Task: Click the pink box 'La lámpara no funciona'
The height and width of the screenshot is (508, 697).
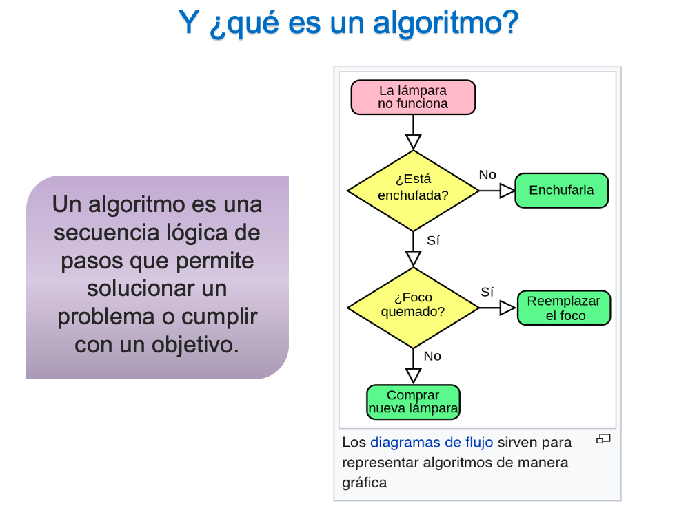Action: coord(413,97)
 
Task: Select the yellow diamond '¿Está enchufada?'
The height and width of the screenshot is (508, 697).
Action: coord(413,191)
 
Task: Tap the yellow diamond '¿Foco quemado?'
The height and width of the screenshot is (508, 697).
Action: coord(413,307)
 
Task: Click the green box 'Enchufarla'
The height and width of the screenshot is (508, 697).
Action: coord(562,191)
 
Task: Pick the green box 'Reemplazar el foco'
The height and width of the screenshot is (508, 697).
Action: coord(563,308)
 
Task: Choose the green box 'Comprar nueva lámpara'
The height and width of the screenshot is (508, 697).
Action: coord(413,402)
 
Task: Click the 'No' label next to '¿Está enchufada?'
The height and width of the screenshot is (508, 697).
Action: coord(487,175)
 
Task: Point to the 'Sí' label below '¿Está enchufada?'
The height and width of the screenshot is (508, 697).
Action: coord(433,241)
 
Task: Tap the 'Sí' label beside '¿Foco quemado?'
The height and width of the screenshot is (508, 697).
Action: coord(487,292)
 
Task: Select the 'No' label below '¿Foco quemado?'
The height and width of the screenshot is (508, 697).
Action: coord(432,356)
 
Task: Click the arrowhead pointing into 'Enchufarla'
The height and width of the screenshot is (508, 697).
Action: coord(507,191)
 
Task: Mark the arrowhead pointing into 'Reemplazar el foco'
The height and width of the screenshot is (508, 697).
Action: coord(507,308)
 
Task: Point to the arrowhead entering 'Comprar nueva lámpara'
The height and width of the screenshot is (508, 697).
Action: coord(413,376)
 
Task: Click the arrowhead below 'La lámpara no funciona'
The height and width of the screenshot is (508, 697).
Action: coord(413,142)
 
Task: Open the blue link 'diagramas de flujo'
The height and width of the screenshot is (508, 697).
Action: coord(432,443)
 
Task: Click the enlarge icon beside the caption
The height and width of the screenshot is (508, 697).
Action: coord(604,438)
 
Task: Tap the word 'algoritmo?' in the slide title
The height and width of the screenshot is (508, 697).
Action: coord(446,23)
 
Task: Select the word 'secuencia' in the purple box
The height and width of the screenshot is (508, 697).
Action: coord(104,233)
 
